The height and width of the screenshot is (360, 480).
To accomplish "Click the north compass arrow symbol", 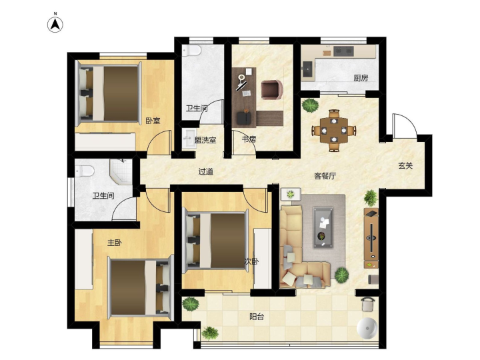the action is tap(55, 25).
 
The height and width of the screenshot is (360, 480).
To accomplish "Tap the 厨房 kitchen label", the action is tap(361, 78).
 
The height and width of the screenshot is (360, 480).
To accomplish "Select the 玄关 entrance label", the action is tap(405, 166).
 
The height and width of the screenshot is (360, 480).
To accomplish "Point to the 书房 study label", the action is tap(249, 139).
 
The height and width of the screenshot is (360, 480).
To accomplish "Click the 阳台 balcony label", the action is tap(257, 317).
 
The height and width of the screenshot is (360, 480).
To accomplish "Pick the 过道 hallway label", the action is tap(206, 172).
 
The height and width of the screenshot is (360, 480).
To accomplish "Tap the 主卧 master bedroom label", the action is tap(115, 243).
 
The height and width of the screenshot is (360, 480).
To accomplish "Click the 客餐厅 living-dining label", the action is tap(325, 176).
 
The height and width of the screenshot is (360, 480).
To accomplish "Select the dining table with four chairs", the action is tap(334, 131).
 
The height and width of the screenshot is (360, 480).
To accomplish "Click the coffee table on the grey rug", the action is tap(323, 227).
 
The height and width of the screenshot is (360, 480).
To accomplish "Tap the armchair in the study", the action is tap(271, 90).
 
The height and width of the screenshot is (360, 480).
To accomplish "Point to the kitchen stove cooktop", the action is tap(343, 51).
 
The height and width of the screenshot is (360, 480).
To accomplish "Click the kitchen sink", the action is tap(307, 69).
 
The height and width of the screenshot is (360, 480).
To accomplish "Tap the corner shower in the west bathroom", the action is tap(121, 172).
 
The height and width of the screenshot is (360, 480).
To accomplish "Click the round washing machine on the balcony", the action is tap(367, 328).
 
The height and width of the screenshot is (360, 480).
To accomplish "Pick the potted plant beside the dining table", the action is tap(310, 105).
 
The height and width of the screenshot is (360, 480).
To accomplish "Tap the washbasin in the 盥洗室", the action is tap(189, 139).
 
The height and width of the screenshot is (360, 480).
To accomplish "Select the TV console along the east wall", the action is tap(371, 238).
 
